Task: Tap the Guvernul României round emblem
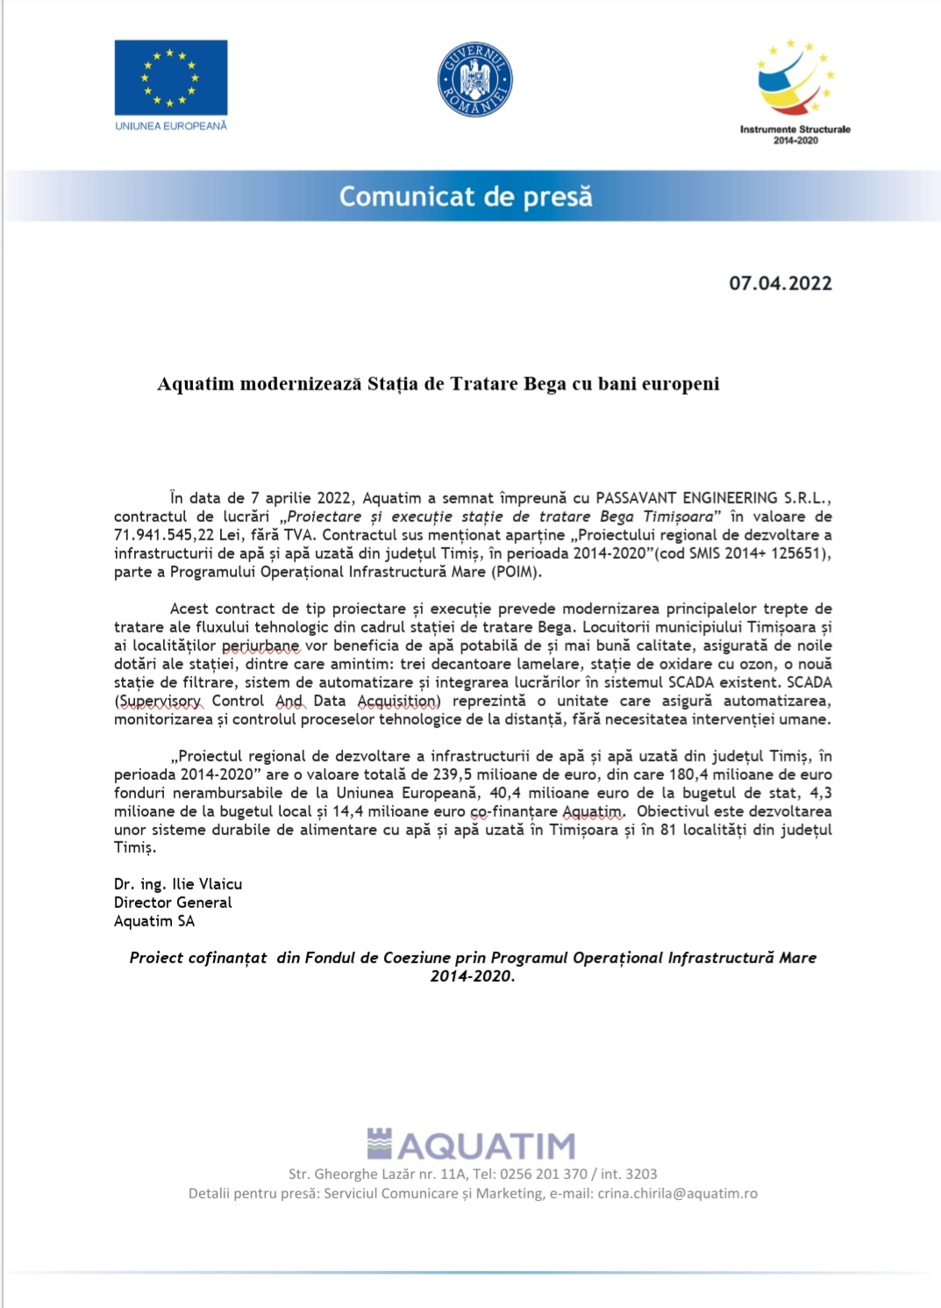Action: coord(474,80)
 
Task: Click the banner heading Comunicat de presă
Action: coord(466,197)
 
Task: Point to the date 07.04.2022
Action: coord(780,283)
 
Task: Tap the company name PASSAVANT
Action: coord(637,498)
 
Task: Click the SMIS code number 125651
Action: coord(799,554)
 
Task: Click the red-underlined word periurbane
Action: coord(260,646)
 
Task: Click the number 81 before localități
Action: coord(668,830)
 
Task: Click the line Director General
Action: coord(173,903)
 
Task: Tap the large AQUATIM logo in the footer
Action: coord(472,1145)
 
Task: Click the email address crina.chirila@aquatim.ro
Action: coord(677,1194)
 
